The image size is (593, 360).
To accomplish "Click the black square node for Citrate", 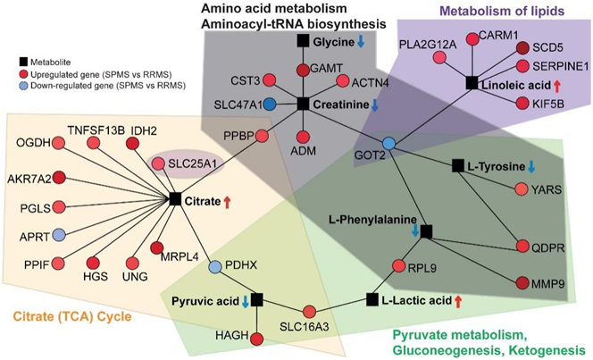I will click(x=175, y=199).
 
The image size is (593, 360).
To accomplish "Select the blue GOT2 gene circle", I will click(x=388, y=144).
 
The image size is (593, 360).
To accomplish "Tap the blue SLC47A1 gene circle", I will click(x=269, y=104).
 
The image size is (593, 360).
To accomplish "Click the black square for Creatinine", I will click(x=303, y=104).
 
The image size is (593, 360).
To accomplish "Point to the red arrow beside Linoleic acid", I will click(x=555, y=85).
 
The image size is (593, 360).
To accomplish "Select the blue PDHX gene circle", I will click(x=215, y=266).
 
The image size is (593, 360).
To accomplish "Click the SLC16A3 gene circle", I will click(x=310, y=311).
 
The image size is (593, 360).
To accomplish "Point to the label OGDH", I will click(x=29, y=142).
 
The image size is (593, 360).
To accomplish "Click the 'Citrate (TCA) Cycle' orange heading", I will click(x=71, y=315).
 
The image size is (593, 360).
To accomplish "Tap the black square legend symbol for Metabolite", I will click(x=25, y=63).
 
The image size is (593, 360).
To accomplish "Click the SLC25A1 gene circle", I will click(x=157, y=163).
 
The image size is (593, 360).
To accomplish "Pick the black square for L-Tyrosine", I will click(x=457, y=165).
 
